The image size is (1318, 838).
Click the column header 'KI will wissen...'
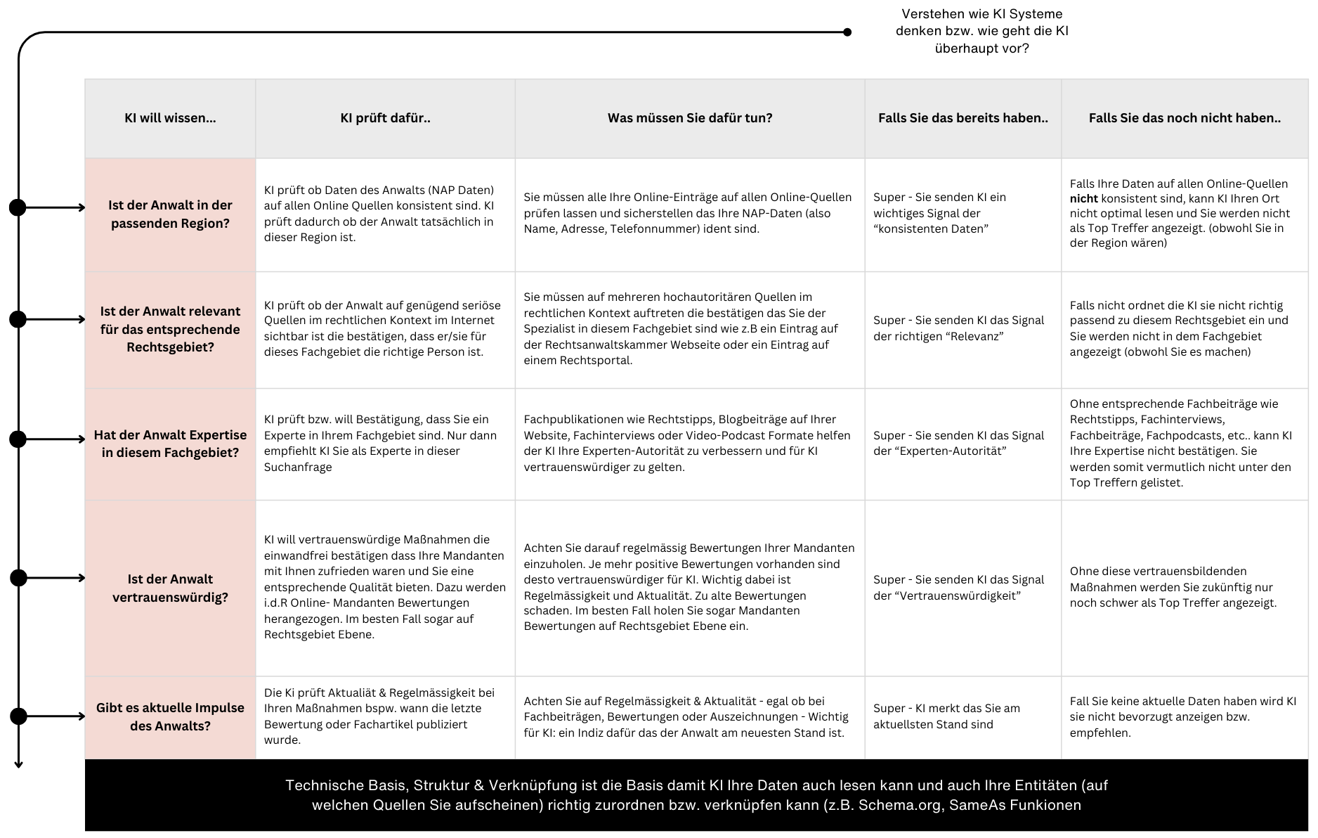pyautogui.click(x=170, y=118)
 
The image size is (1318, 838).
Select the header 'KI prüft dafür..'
pyautogui.click(x=385, y=118)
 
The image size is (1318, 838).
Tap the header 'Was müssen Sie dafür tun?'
pyautogui.click(x=690, y=118)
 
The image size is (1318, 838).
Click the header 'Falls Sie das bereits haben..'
pyautogui.click(x=963, y=118)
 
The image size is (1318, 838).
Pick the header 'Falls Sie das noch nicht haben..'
pyautogui.click(x=1185, y=118)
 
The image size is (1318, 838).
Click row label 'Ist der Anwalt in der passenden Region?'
pyautogui.click(x=170, y=214)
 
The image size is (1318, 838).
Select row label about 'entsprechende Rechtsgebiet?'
pyautogui.click(x=170, y=329)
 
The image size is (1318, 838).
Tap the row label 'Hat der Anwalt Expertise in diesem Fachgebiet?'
pyautogui.click(x=170, y=444)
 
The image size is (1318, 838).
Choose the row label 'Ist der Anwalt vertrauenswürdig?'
pyautogui.click(x=170, y=588)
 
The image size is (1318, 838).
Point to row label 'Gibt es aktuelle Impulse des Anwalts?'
pyautogui.click(x=170, y=716)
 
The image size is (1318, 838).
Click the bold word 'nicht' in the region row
pyautogui.click(x=1083, y=199)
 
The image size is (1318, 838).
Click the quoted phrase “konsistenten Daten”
pyautogui.click(x=931, y=229)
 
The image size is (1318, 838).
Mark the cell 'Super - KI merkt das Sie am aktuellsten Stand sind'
pyautogui.click(x=946, y=716)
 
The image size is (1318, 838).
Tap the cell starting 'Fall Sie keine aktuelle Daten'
pyautogui.click(x=1183, y=716)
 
